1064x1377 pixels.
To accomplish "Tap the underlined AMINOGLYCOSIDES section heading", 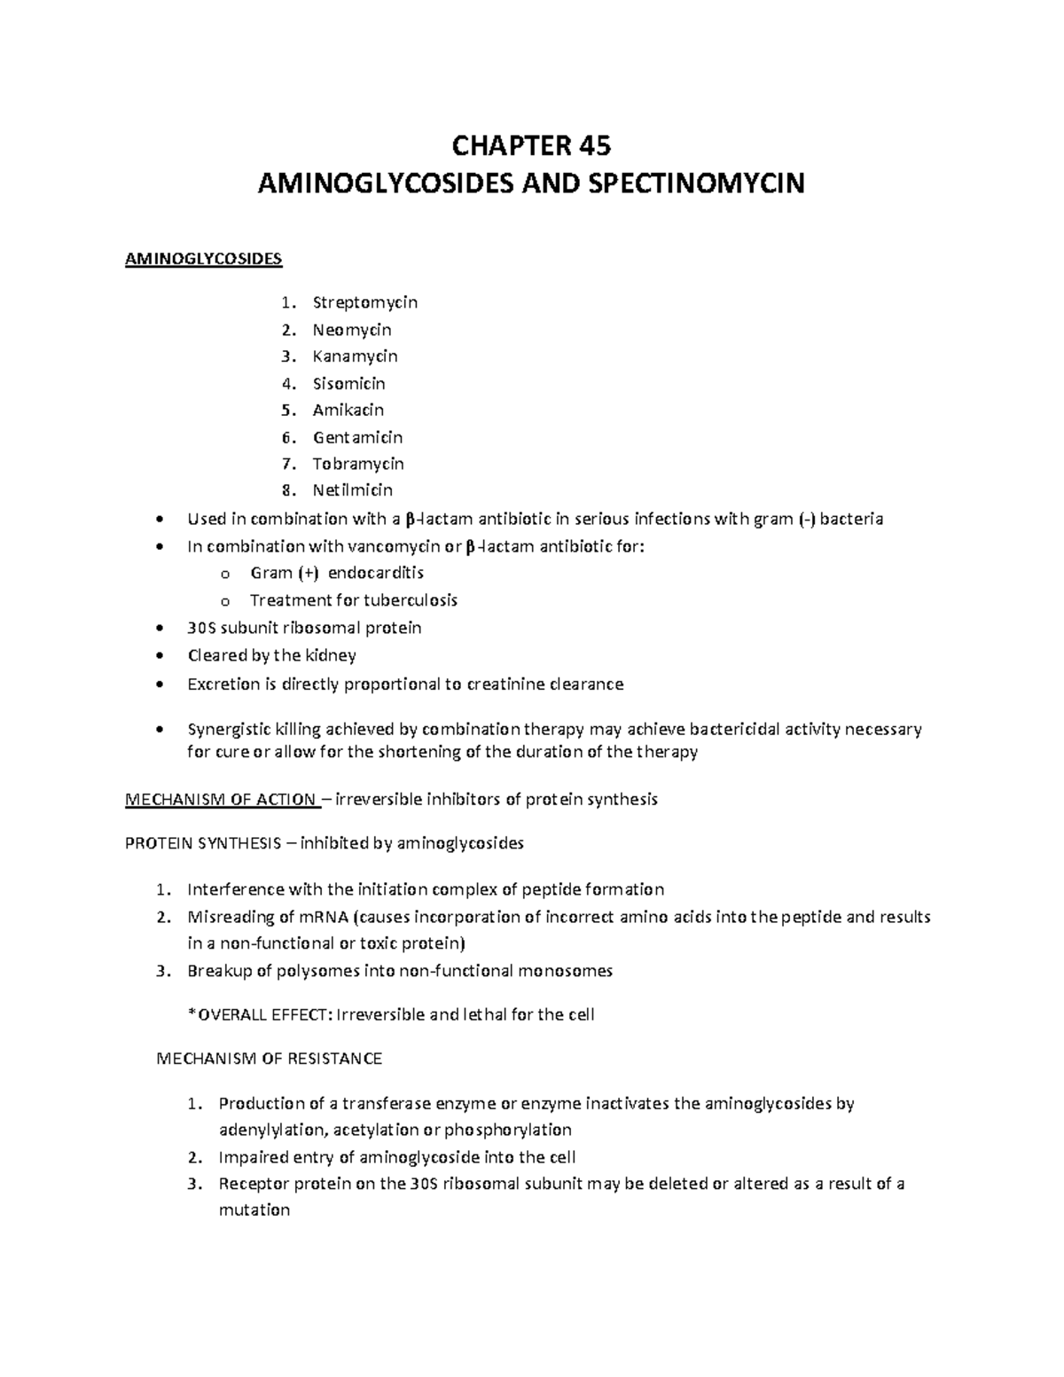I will (x=204, y=259).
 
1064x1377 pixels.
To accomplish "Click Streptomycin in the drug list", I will (x=364, y=302).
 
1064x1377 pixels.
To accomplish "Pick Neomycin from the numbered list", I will (x=351, y=330).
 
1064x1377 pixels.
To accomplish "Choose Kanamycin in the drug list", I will (x=355, y=356).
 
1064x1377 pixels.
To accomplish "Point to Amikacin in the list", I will (x=348, y=410).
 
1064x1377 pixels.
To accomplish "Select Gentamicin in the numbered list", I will (x=357, y=437).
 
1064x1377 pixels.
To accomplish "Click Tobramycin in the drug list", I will (x=357, y=464).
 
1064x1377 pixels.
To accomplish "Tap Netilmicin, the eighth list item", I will (x=352, y=490).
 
